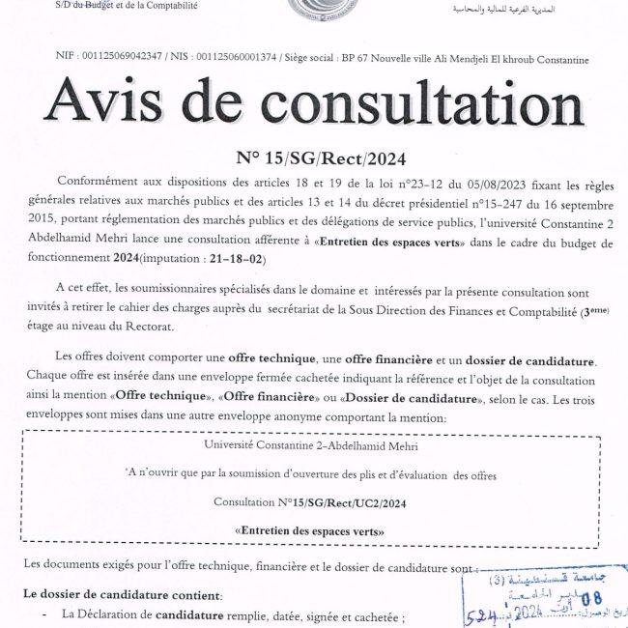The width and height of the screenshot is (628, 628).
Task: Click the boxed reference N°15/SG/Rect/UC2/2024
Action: [x=309, y=502]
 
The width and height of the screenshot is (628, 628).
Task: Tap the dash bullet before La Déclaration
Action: [x=44, y=614]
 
